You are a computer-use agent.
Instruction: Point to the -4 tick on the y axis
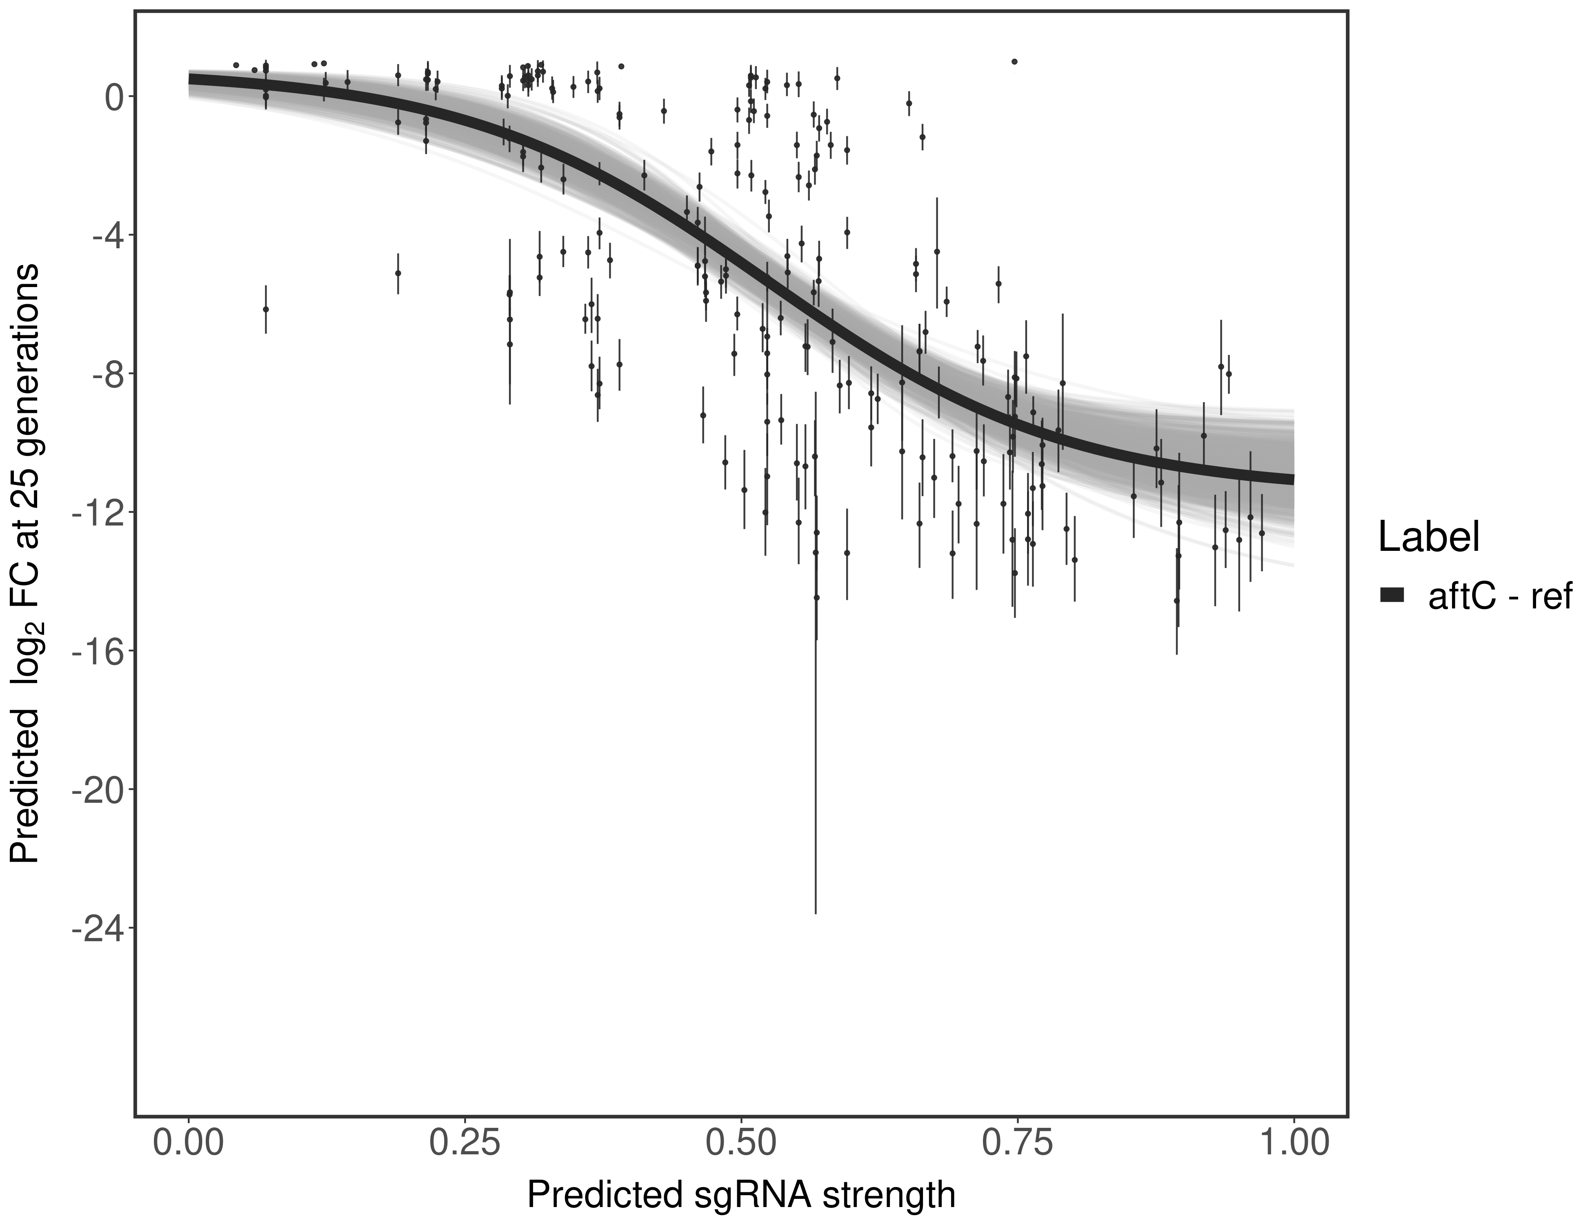coord(104,236)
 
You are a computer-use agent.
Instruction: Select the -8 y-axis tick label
coord(104,374)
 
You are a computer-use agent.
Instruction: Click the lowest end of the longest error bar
coord(816,913)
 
